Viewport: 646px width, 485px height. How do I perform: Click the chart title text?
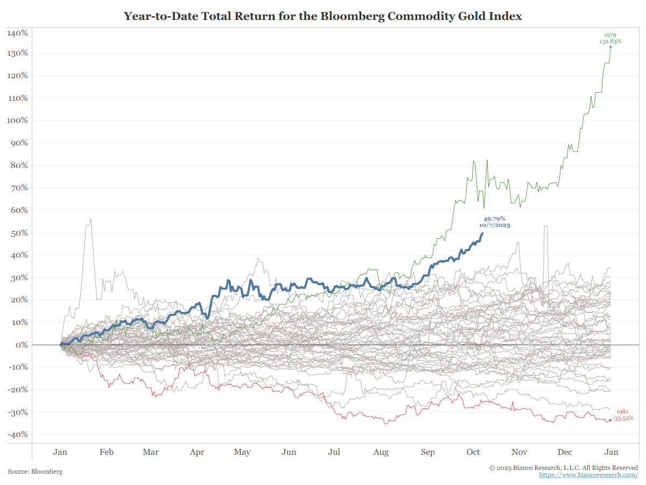pyautogui.click(x=323, y=16)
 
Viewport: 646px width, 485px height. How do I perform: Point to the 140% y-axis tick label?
pyautogui.click(x=18, y=33)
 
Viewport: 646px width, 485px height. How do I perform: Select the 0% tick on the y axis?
pyautogui.click(x=21, y=345)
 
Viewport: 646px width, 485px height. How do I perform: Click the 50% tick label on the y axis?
pyautogui.click(x=19, y=233)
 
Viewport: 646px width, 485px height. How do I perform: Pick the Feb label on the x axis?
pyautogui.click(x=107, y=452)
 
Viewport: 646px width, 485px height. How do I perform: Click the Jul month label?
pyautogui.click(x=334, y=452)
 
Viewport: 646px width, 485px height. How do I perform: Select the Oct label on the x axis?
pyautogui.click(x=473, y=452)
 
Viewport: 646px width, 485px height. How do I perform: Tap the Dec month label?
pyautogui.click(x=565, y=452)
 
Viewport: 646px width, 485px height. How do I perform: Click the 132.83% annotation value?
pyautogui.click(x=610, y=41)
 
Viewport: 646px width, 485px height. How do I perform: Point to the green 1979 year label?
pyautogui.click(x=610, y=35)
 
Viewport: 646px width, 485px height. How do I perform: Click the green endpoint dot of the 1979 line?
pyautogui.click(x=610, y=47)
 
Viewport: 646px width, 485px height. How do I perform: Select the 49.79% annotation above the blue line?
pyautogui.click(x=494, y=219)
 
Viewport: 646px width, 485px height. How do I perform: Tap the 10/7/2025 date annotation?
pyautogui.click(x=494, y=225)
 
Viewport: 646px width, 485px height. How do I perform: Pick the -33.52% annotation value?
pyautogui.click(x=623, y=418)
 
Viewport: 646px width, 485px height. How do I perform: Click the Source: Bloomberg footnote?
pyautogui.click(x=35, y=472)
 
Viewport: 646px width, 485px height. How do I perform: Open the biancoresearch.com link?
pyautogui.click(x=588, y=475)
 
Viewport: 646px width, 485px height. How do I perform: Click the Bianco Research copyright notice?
pyautogui.click(x=564, y=467)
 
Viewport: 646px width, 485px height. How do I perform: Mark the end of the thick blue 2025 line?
pyautogui.click(x=483, y=233)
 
